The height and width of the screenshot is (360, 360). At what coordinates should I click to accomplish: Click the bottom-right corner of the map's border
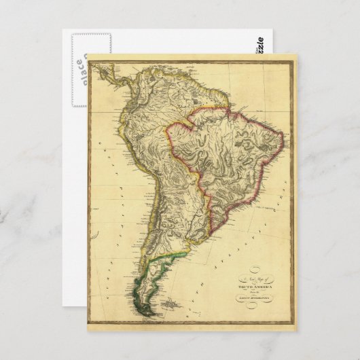click(295, 328)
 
